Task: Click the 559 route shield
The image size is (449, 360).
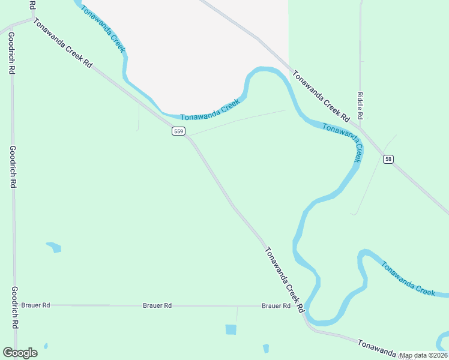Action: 178,131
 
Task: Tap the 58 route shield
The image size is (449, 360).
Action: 388,158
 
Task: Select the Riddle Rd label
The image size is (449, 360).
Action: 360,105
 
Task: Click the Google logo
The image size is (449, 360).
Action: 20,353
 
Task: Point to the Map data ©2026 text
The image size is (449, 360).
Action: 423,355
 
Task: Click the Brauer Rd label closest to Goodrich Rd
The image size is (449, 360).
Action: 35,305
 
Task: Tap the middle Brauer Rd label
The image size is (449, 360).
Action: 157,305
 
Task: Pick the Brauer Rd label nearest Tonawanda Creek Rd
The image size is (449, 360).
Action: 276,305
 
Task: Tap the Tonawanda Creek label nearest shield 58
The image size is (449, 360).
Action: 343,142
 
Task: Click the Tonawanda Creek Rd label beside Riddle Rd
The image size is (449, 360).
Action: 321,94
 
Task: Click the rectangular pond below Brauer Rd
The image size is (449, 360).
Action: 231,329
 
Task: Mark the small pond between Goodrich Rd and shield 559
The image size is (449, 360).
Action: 54,246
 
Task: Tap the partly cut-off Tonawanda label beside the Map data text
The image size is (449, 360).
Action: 378,347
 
